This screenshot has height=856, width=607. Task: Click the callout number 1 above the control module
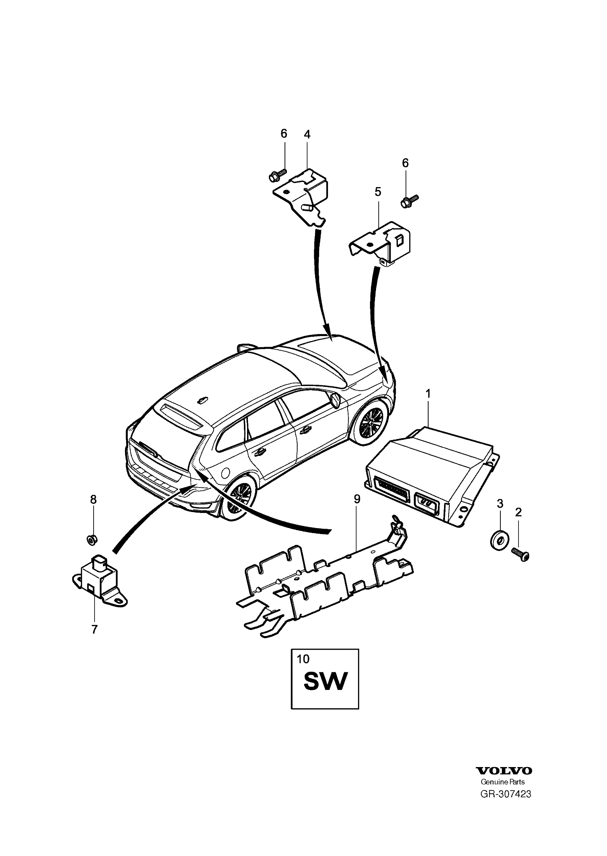[x=428, y=394]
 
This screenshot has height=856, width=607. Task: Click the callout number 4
[x=307, y=134]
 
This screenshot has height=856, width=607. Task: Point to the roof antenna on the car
[x=201, y=401]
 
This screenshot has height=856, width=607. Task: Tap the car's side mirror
[x=335, y=400]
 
